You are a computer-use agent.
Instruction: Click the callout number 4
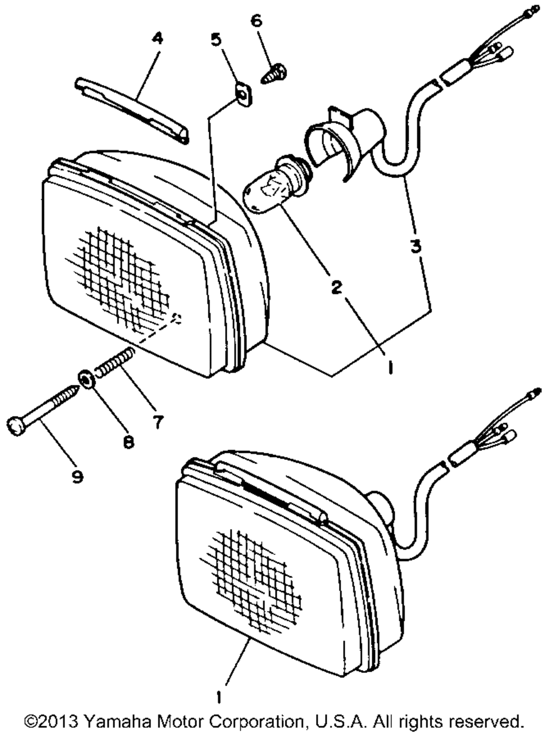(x=157, y=38)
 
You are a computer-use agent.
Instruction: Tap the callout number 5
(x=216, y=40)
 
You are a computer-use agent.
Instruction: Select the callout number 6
(x=257, y=21)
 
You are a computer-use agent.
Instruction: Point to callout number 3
(x=416, y=246)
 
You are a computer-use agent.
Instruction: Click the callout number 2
(x=337, y=287)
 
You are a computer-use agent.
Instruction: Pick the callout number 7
(x=158, y=422)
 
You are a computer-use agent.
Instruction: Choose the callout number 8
(x=128, y=442)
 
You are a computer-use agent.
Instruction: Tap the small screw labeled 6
(x=274, y=75)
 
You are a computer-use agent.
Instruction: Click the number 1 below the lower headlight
(x=219, y=697)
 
